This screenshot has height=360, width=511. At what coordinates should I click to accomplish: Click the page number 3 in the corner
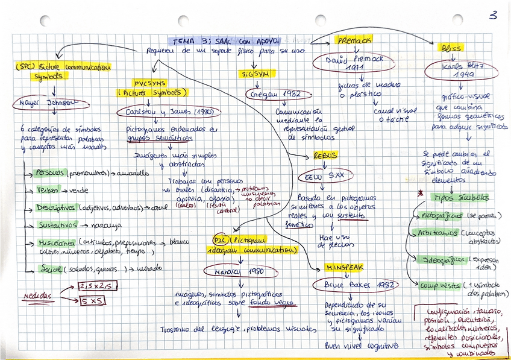coord(494,15)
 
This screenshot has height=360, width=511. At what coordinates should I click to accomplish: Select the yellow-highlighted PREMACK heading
coord(354,40)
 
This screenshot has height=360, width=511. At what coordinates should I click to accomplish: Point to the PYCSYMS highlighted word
coord(150,83)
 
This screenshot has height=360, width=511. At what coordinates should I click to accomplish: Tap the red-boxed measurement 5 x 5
coord(92,300)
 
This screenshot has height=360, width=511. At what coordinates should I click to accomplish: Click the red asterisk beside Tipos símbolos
coord(421,194)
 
